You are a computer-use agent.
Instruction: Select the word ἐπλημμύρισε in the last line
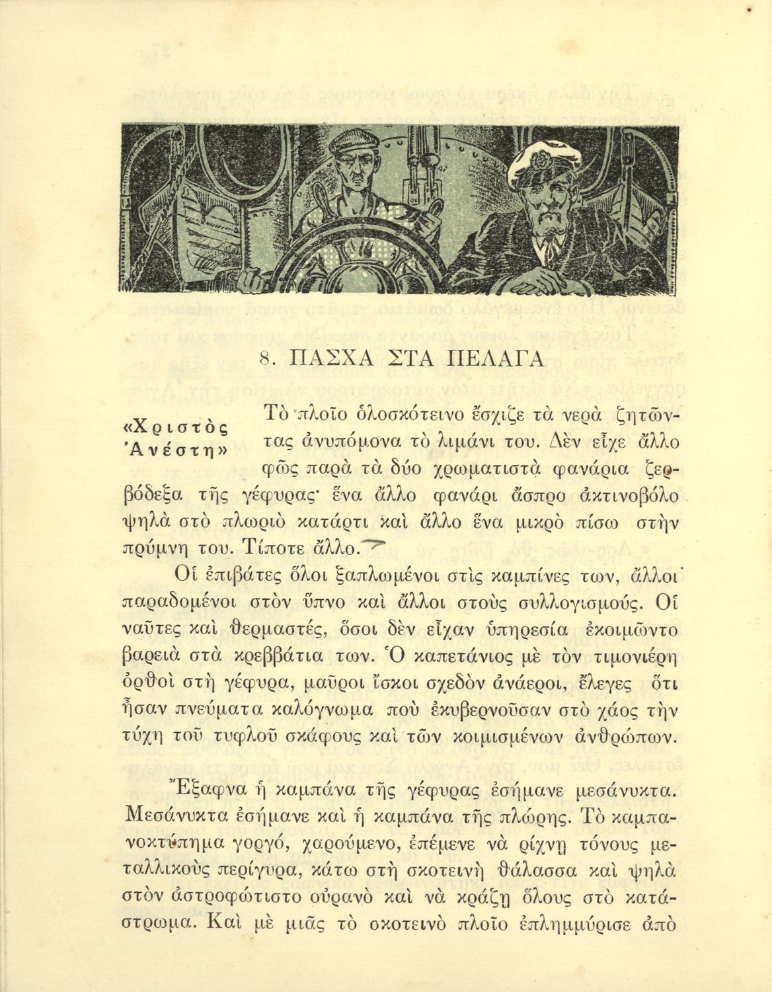(576, 923)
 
